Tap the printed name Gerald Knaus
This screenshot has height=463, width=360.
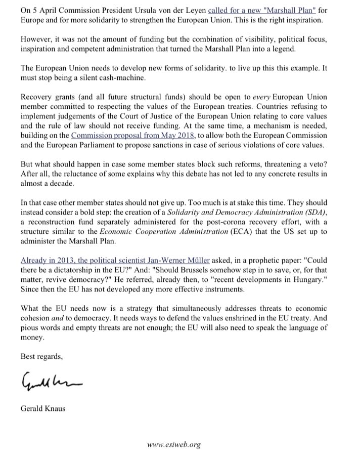click(43, 408)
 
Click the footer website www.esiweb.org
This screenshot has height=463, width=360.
click(173, 445)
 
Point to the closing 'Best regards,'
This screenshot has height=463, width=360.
click(41, 357)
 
